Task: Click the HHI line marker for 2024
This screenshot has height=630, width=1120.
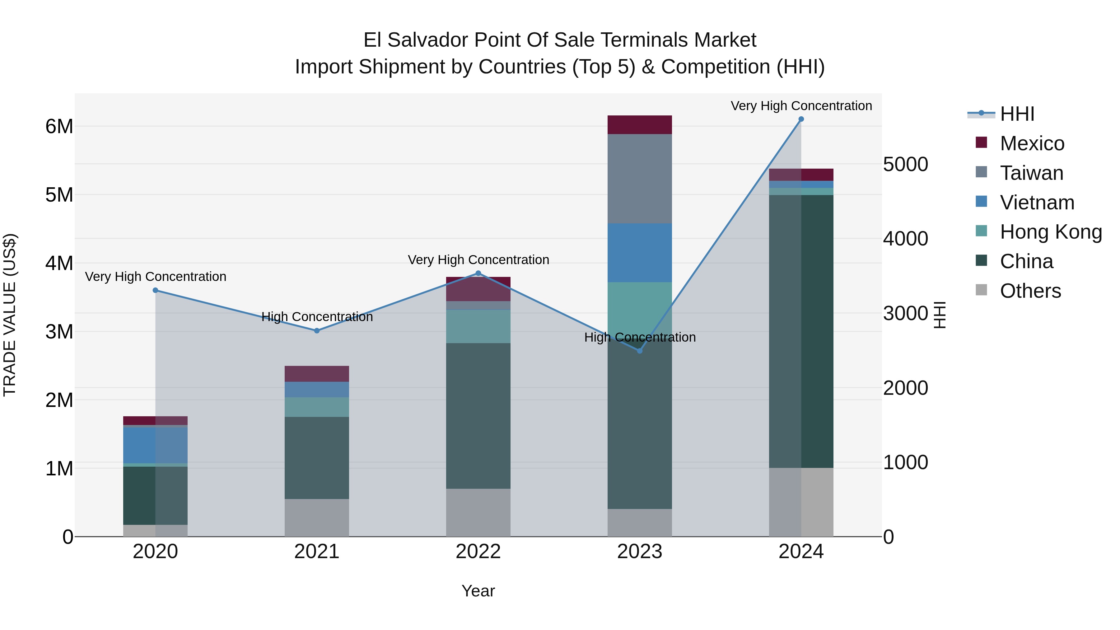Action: (x=801, y=119)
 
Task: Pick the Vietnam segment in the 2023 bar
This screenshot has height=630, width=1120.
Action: (x=639, y=253)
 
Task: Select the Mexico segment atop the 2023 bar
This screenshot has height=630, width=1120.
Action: (x=639, y=125)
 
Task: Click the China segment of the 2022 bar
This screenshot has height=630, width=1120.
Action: (x=478, y=416)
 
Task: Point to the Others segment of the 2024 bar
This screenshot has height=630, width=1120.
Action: (x=801, y=502)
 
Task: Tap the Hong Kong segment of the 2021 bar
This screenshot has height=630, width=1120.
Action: (x=316, y=407)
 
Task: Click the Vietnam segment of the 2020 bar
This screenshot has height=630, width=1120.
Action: (x=155, y=445)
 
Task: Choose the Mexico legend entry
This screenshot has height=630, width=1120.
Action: (x=1032, y=143)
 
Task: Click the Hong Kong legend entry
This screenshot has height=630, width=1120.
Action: (x=1050, y=232)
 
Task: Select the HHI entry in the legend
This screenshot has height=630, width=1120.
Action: (x=1016, y=114)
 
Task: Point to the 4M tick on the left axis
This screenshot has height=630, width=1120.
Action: (x=59, y=263)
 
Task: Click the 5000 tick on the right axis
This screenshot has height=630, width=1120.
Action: (x=906, y=164)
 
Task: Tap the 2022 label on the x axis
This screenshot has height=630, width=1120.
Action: (x=478, y=552)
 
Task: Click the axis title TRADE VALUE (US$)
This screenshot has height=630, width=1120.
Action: (x=10, y=315)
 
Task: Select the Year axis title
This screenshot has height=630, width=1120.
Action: (x=478, y=591)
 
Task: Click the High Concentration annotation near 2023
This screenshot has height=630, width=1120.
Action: (x=640, y=337)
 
